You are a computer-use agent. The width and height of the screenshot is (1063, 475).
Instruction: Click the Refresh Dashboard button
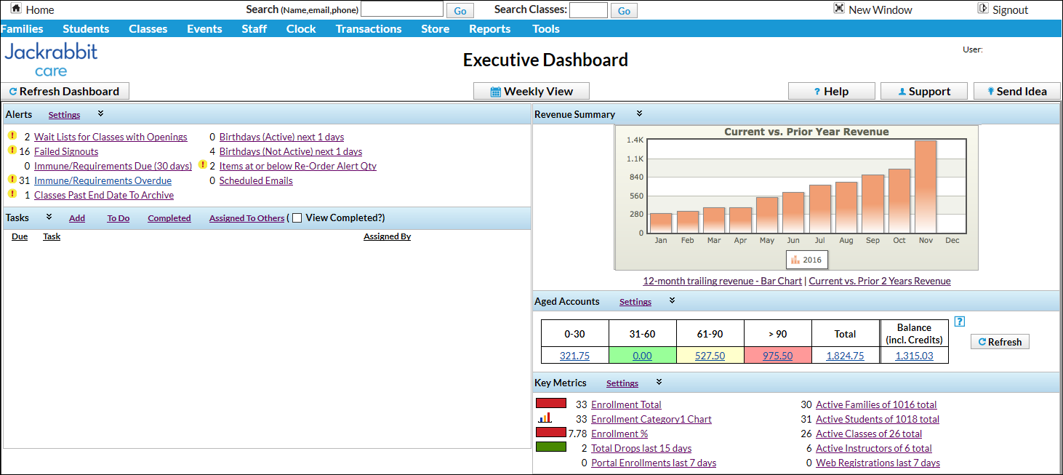(x=65, y=92)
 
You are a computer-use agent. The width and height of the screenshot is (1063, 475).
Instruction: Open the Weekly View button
(x=531, y=92)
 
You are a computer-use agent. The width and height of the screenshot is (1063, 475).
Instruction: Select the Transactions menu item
(x=368, y=29)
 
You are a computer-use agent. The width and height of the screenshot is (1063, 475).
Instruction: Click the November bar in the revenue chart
(x=926, y=187)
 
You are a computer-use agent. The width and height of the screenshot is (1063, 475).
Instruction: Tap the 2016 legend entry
(x=806, y=260)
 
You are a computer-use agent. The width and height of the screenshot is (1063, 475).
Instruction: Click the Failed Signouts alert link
(x=66, y=151)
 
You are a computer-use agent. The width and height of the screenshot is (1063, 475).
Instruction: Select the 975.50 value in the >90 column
(x=777, y=356)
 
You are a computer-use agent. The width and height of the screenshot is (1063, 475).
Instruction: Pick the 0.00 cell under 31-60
(x=642, y=356)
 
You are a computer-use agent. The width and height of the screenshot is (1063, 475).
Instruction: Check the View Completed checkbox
(x=297, y=218)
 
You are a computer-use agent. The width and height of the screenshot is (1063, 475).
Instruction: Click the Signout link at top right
(x=1010, y=10)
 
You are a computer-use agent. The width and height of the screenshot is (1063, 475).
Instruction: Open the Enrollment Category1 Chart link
(x=651, y=419)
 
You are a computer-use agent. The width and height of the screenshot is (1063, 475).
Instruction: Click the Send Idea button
(x=1016, y=92)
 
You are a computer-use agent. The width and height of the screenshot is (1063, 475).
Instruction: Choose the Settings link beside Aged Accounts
(x=635, y=302)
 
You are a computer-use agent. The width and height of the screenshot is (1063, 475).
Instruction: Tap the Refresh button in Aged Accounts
(x=1000, y=342)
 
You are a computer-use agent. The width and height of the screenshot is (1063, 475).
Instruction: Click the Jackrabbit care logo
(x=51, y=60)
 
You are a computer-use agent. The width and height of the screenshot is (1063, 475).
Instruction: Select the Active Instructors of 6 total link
(x=873, y=448)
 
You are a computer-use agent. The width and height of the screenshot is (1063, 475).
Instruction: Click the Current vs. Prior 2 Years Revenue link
(x=879, y=281)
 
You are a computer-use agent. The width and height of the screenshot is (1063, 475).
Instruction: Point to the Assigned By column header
(x=387, y=236)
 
